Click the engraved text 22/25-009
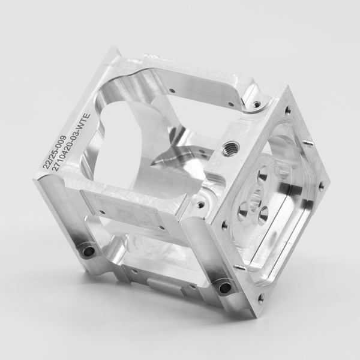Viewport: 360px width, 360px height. coord(55,152)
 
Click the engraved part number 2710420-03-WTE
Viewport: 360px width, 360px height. coord(72,142)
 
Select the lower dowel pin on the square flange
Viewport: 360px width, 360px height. coord(239,267)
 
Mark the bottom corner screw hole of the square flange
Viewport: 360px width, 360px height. coord(261,298)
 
